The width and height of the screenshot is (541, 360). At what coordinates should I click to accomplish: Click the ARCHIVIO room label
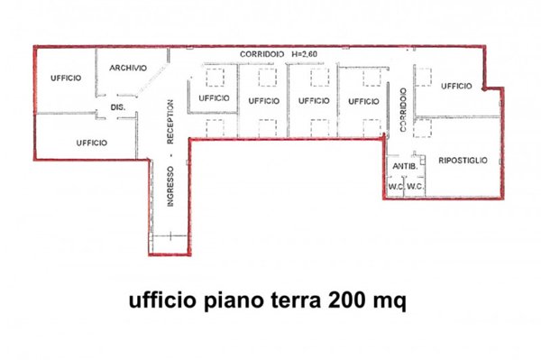pyautogui.click(x=128, y=68)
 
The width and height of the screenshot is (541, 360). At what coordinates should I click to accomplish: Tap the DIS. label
pyautogui.click(x=117, y=107)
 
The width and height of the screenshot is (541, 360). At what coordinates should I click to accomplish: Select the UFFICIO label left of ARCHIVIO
pyautogui.click(x=66, y=78)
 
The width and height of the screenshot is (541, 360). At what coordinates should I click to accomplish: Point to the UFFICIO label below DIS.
pyautogui.click(x=92, y=143)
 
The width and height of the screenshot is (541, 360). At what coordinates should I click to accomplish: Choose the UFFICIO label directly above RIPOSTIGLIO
pyautogui.click(x=456, y=86)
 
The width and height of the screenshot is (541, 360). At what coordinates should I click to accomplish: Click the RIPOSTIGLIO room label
pyautogui.click(x=463, y=160)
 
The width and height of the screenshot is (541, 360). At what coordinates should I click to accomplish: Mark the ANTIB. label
pyautogui.click(x=402, y=167)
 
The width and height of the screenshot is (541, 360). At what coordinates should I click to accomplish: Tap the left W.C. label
pyautogui.click(x=394, y=187)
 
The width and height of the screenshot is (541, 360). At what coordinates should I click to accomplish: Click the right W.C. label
pyautogui.click(x=415, y=187)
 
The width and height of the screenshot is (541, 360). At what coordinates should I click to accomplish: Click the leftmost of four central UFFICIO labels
pyautogui.click(x=215, y=97)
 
